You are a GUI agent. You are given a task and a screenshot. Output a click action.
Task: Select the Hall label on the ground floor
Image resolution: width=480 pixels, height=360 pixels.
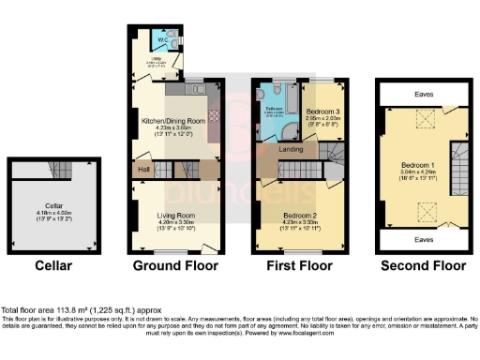[144, 170]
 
